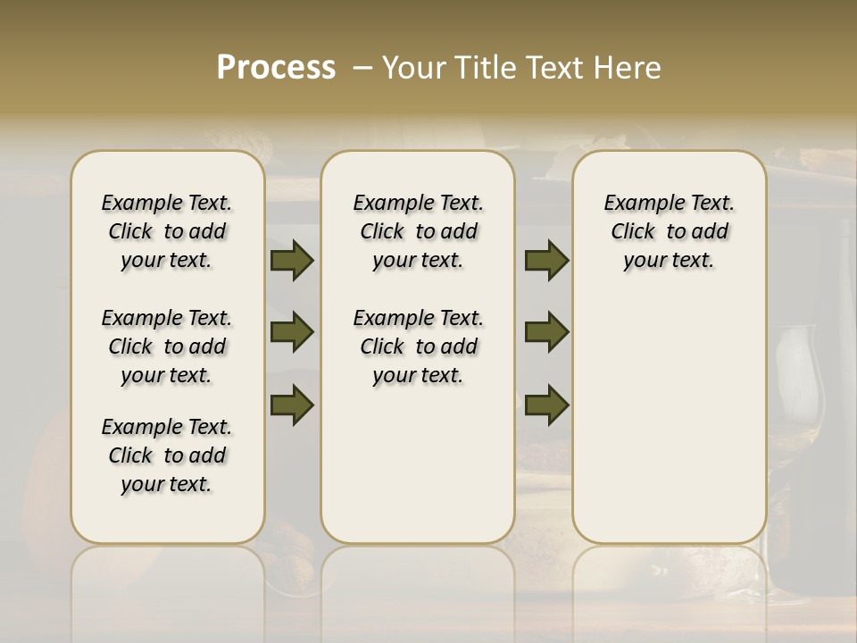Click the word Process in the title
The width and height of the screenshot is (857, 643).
click(276, 68)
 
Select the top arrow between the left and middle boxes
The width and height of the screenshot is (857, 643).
click(292, 261)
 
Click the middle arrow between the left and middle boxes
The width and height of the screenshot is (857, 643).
click(292, 332)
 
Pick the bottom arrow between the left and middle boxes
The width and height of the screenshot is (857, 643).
click(292, 405)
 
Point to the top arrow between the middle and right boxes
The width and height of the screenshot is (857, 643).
click(546, 261)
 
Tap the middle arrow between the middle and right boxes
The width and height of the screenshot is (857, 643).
click(546, 332)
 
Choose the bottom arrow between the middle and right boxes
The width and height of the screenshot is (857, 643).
click(546, 405)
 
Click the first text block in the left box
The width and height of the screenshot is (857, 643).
click(167, 231)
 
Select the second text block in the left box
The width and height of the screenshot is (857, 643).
click(167, 347)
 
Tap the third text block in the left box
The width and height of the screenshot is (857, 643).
click(167, 455)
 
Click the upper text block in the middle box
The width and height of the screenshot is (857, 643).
click(418, 231)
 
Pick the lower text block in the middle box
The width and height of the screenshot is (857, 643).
click(418, 347)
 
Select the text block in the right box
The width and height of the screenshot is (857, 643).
click(669, 231)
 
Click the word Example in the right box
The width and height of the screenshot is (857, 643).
click(637, 204)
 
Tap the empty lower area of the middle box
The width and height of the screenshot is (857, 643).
click(418, 464)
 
